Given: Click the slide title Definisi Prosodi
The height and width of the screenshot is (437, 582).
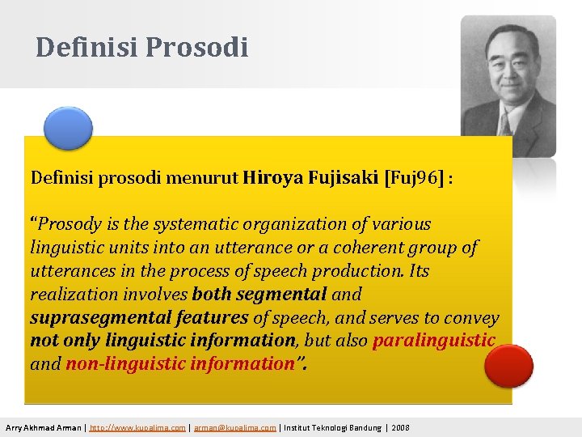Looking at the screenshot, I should point(141,47).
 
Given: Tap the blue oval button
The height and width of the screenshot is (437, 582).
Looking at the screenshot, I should point(68,128).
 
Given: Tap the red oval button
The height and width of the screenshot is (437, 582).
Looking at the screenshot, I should point(508,365).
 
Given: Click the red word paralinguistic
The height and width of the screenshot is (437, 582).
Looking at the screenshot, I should point(433,341).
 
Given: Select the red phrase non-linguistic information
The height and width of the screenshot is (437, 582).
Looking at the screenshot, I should point(179,364).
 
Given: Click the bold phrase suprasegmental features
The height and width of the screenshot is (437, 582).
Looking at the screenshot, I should point(139,318).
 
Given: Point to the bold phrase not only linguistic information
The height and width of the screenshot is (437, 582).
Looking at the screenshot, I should point(162,341).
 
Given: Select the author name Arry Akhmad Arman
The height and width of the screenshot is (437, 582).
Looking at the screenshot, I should point(44,427).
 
